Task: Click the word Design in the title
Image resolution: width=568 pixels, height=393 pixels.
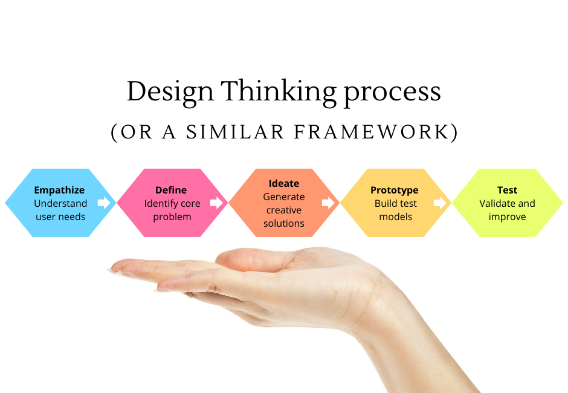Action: pos(170,92)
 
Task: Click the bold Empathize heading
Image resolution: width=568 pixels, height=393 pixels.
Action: pos(59,190)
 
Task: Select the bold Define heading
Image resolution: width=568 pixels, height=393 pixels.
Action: pos(171,190)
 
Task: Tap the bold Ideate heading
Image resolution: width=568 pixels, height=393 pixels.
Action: pos(283,183)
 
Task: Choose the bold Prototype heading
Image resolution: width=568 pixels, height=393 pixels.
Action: pos(395,190)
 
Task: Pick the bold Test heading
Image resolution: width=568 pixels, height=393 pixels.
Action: pos(507,190)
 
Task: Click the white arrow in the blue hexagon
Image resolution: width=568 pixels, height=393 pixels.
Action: pos(105,203)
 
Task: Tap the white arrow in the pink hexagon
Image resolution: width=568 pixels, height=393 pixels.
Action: pos(216,203)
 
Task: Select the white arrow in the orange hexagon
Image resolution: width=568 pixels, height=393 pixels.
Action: pos(329,203)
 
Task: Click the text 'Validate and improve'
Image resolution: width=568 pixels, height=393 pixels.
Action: pos(507,210)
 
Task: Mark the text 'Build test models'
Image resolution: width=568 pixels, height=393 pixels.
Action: pos(395,210)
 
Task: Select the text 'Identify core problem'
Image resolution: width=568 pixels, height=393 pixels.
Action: pos(172,210)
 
